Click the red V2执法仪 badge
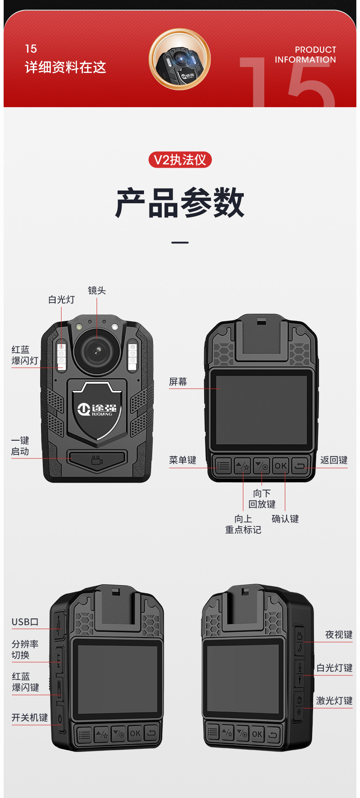click(x=180, y=160)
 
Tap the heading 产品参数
click(x=180, y=203)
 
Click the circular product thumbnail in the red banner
click(x=180, y=59)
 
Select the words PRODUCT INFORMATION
click(x=305, y=55)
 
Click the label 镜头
click(x=97, y=290)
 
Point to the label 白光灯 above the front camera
click(x=62, y=299)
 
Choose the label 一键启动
click(x=20, y=446)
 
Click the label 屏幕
click(x=178, y=382)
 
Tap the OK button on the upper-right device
click(x=281, y=465)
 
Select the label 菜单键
click(x=182, y=460)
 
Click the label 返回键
click(x=334, y=460)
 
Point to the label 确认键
click(x=285, y=519)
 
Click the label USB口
click(x=25, y=622)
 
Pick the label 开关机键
click(x=30, y=718)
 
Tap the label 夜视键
click(x=339, y=635)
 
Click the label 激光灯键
click(x=334, y=701)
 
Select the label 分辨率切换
click(x=25, y=649)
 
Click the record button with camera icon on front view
click(x=97, y=460)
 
